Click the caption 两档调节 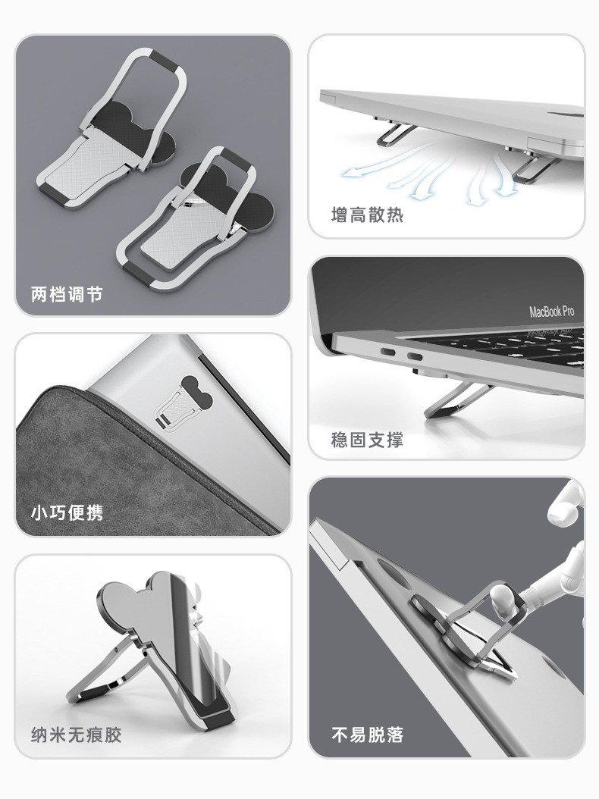(66, 293)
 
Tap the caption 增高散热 (367, 215)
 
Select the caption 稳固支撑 (367, 440)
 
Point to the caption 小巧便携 (66, 513)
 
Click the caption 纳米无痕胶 (75, 735)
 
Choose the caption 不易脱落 (367, 735)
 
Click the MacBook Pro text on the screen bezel (551, 311)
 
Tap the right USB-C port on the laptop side (416, 358)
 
